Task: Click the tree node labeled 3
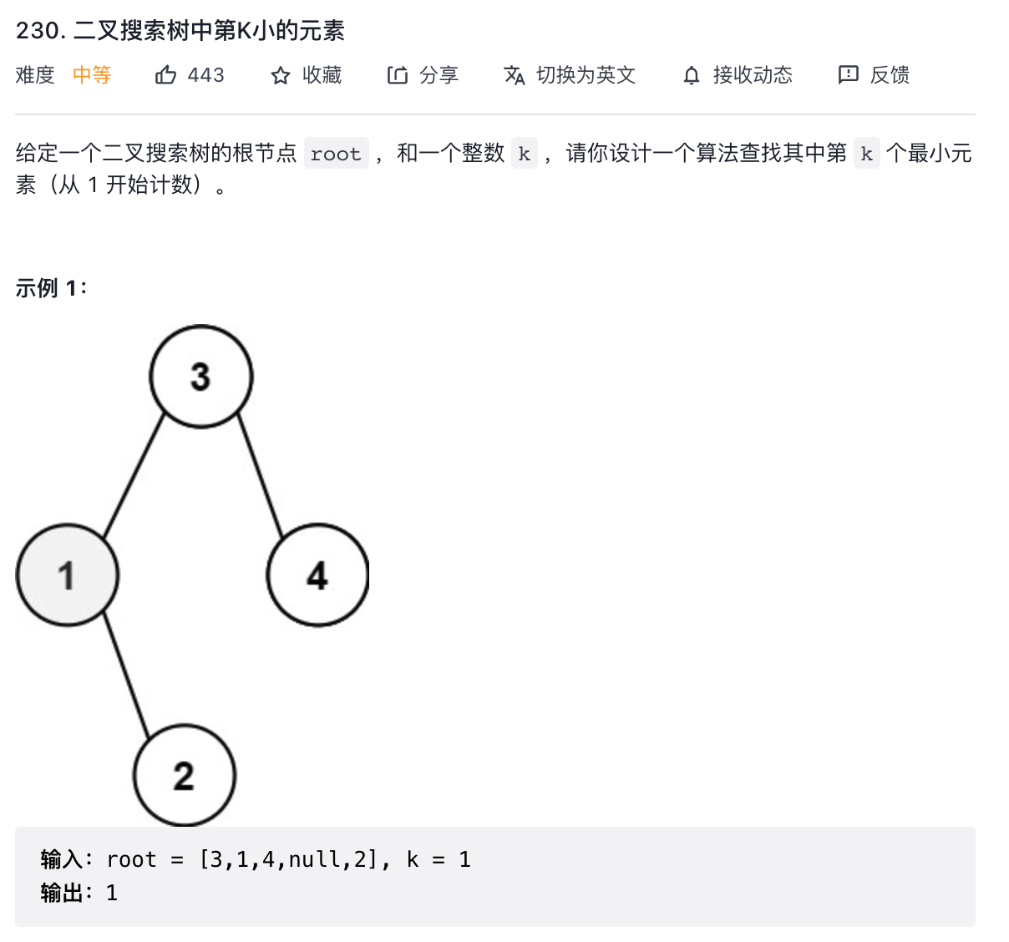pyautogui.click(x=200, y=376)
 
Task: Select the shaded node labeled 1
pyautogui.click(x=68, y=575)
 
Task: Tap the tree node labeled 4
pyautogui.click(x=317, y=575)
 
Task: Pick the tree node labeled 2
pyautogui.click(x=185, y=775)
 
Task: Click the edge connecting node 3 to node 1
pyautogui.click(x=134, y=476)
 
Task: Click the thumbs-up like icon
pyautogui.click(x=165, y=75)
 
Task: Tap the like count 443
pyautogui.click(x=206, y=75)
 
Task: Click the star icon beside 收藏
pyautogui.click(x=280, y=76)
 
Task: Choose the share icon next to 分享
pyautogui.click(x=397, y=75)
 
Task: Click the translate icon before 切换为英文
pyautogui.click(x=515, y=75)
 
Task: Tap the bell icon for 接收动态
pyautogui.click(x=691, y=76)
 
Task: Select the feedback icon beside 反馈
pyautogui.click(x=848, y=75)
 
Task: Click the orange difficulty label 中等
pyautogui.click(x=92, y=75)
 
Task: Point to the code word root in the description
pyautogui.click(x=336, y=154)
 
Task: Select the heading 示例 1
pyautogui.click(x=51, y=288)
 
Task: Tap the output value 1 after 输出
pyautogui.click(x=112, y=893)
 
